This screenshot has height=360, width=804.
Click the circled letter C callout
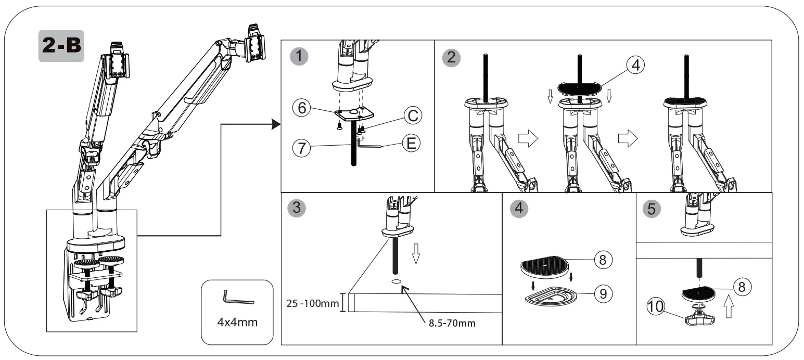tap(412, 115)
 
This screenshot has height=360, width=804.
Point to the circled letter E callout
tap(411, 144)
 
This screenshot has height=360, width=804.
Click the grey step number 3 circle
tap(297, 209)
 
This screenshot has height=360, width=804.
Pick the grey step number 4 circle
tap(518, 209)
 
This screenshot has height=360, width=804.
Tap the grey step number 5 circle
tap(652, 209)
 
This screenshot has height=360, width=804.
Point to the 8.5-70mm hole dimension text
tap(452, 323)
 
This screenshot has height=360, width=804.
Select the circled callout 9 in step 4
tap(603, 293)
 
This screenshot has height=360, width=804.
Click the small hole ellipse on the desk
tap(397, 282)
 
